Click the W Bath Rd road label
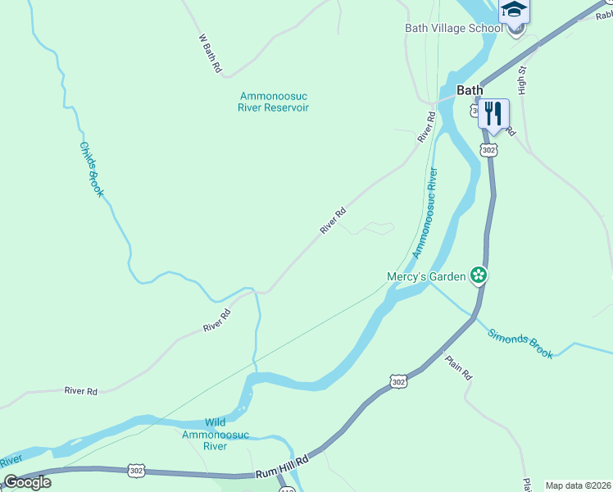[x=211, y=54]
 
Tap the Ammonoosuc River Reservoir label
[x=273, y=102]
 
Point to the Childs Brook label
[x=91, y=169]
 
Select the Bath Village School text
[x=453, y=28]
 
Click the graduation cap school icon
[x=514, y=10]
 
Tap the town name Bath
[x=470, y=90]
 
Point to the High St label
[x=522, y=80]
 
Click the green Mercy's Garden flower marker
[x=479, y=276]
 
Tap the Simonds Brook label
[x=520, y=344]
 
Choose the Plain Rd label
[x=459, y=366]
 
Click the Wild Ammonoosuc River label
[x=204, y=435]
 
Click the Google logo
[x=27, y=482]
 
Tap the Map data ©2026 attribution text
[x=579, y=485]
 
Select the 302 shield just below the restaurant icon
[x=489, y=150]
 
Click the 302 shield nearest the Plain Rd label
[x=398, y=382]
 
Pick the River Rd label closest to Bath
[x=425, y=129]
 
